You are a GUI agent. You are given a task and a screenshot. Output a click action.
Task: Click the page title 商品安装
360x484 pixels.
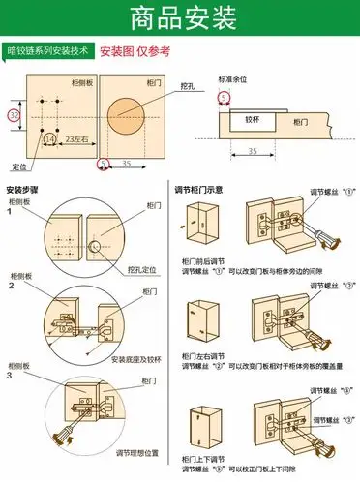coord(179,16)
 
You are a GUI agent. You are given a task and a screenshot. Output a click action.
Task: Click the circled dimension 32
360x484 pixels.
coord(14,115)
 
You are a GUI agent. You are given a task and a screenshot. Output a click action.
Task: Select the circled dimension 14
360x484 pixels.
coord(49,139)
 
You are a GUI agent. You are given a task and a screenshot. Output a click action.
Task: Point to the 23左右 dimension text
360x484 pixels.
coord(77,139)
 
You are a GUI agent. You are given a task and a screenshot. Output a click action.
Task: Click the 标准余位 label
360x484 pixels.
coord(234,79)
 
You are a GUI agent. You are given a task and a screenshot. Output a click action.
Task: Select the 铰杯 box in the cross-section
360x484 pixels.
coord(253,121)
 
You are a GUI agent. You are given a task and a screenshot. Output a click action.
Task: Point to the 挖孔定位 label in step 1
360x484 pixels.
coord(143,271)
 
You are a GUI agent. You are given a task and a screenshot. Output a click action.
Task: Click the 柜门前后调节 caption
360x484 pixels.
coord(202,261)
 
